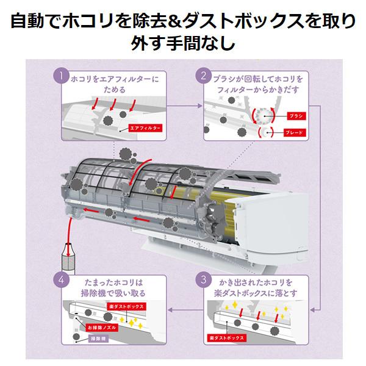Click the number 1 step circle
[x=60, y=77]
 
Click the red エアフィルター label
[x=145, y=129]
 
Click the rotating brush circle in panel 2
[x=265, y=116]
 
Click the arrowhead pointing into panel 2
[x=199, y=106]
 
